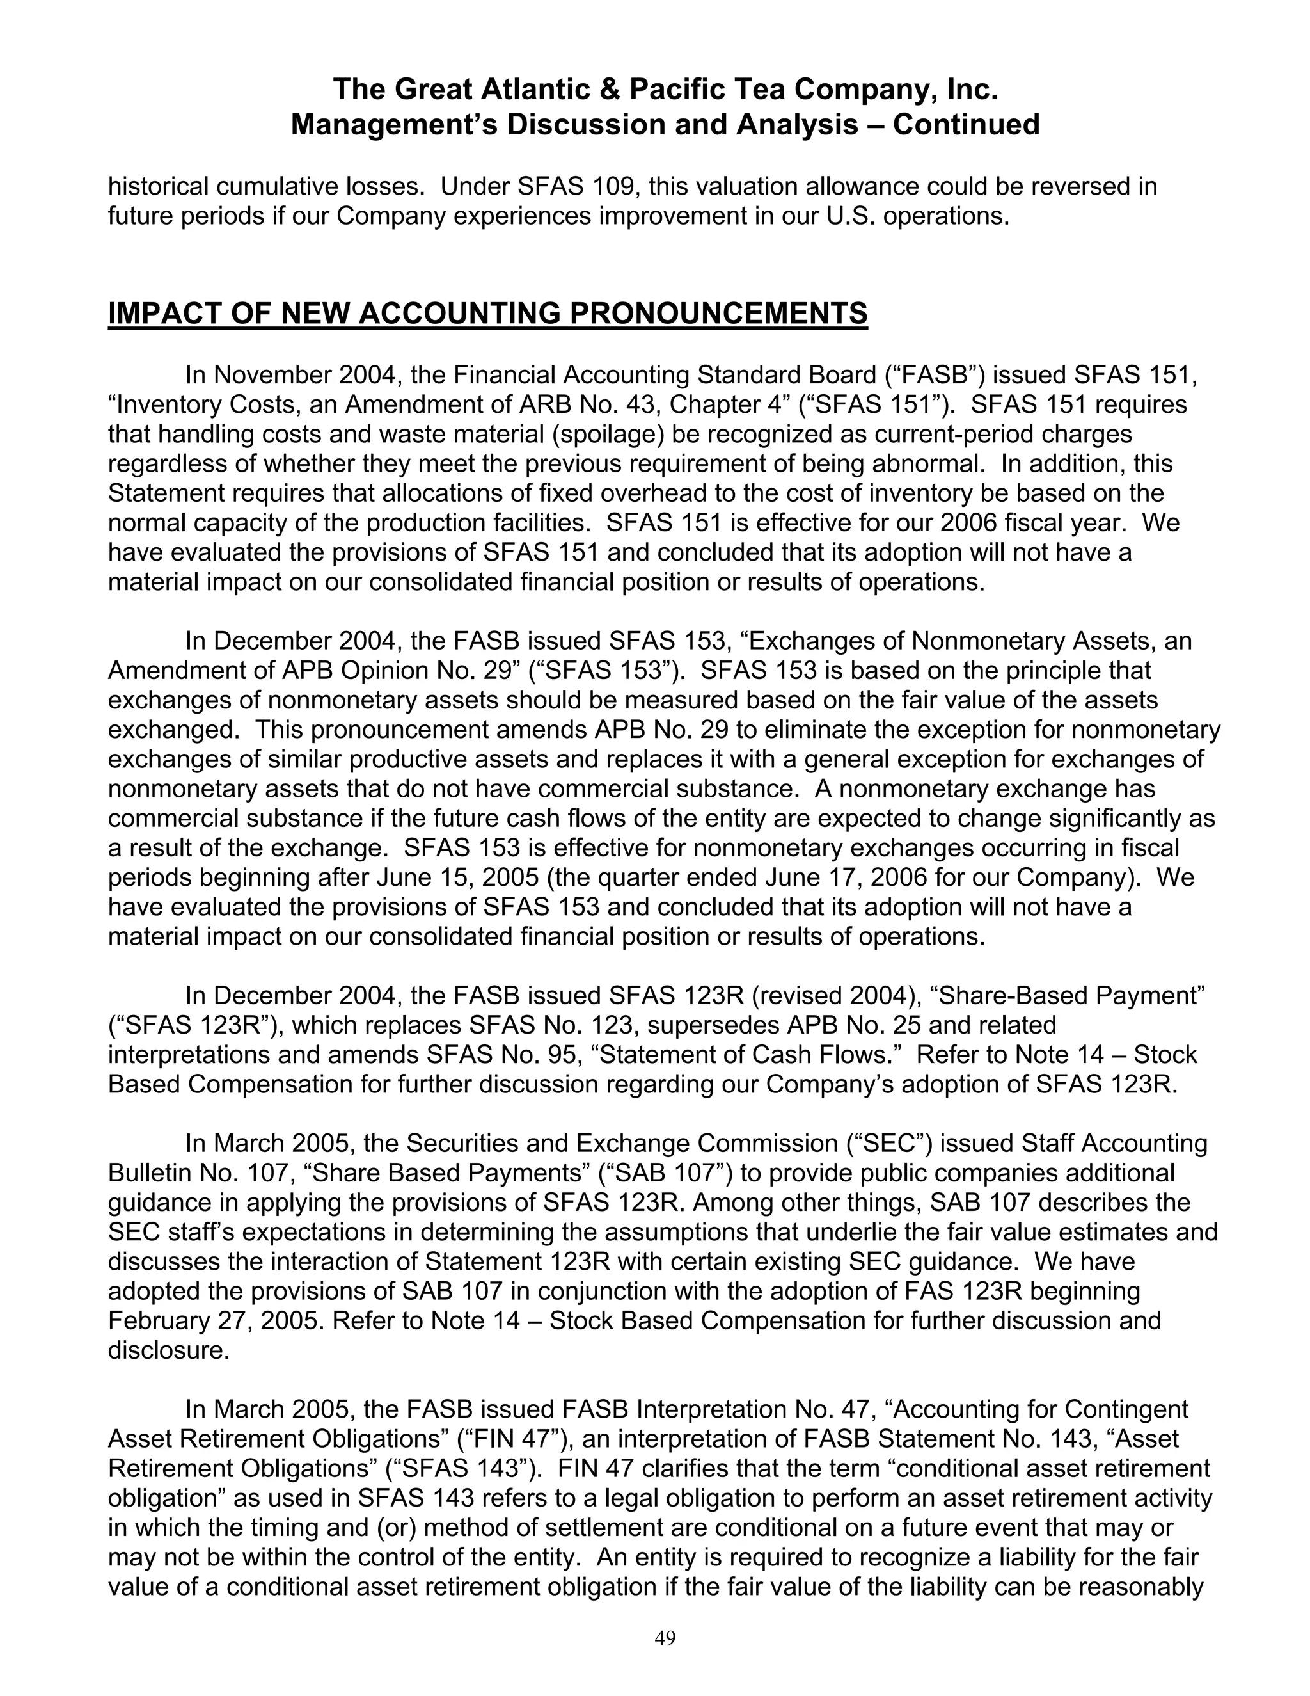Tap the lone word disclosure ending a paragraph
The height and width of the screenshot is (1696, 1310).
[168, 1350]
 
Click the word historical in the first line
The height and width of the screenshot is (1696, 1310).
[157, 186]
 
